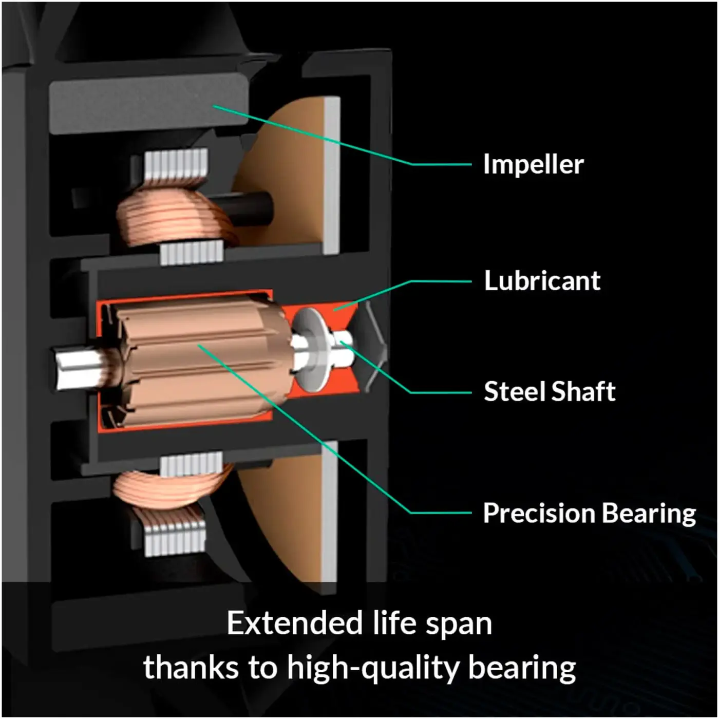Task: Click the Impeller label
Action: [x=534, y=164]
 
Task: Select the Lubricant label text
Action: [x=542, y=280]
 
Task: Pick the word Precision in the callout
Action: [x=540, y=513]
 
